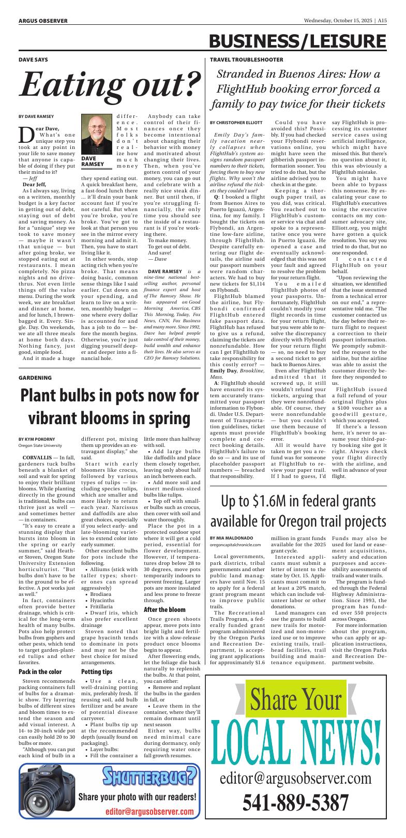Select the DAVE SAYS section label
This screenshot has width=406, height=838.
pos(33,60)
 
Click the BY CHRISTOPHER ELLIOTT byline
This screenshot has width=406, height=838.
pos(236,122)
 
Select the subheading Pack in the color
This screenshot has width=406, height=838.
pos(40,672)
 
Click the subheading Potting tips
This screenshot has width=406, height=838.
pos(96,672)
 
